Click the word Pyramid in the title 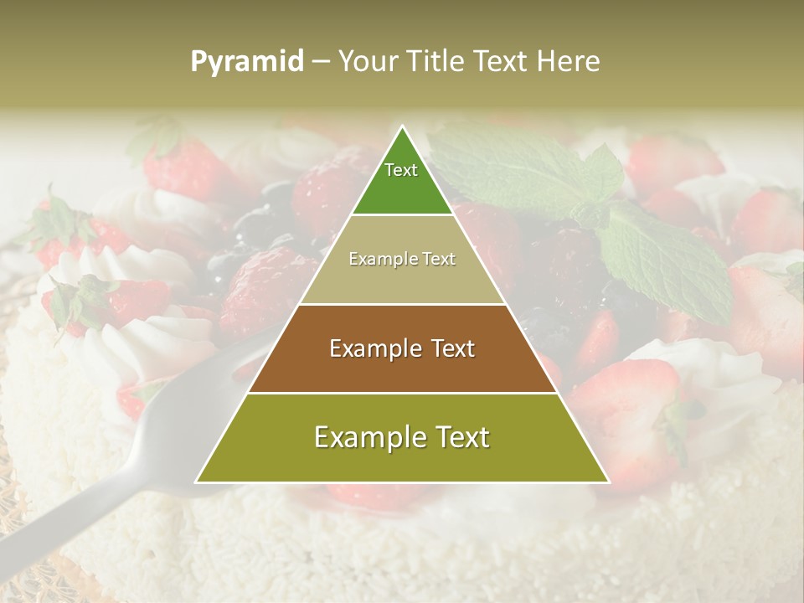tap(247, 61)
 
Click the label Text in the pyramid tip tap(401, 170)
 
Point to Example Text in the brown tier tap(402, 348)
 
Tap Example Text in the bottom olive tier tap(402, 437)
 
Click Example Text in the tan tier tap(402, 259)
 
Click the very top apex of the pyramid tap(402, 127)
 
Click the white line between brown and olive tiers tap(402, 393)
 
